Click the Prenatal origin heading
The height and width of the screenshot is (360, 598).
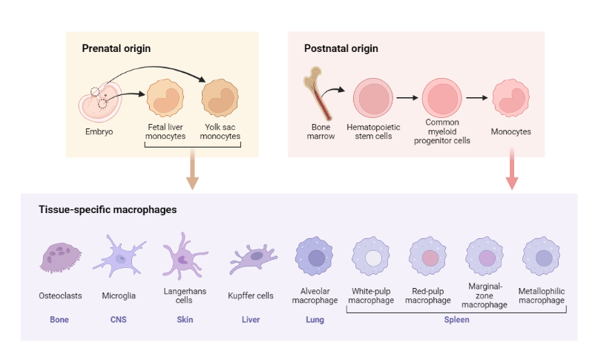click(x=116, y=49)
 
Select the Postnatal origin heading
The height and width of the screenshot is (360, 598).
click(x=341, y=49)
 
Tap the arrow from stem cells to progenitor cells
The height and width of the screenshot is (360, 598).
click(x=408, y=97)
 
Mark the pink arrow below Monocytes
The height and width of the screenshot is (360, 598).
click(x=512, y=170)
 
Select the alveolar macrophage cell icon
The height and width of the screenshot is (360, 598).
click(x=315, y=258)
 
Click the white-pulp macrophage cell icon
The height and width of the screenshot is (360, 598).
click(x=373, y=258)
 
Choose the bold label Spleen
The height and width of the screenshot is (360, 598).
click(x=457, y=320)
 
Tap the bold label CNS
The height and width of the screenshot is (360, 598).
click(x=118, y=320)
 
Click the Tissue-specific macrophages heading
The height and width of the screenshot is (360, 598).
click(x=108, y=210)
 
